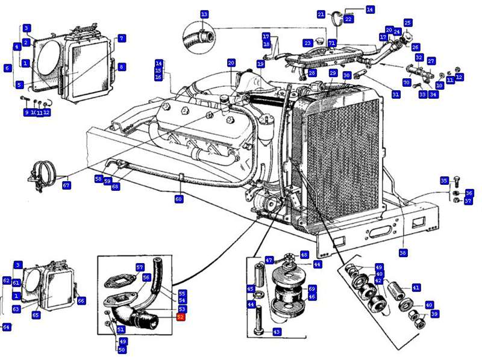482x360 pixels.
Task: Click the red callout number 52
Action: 180,317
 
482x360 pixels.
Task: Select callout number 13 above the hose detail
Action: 204,14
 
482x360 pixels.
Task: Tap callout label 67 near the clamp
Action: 66,185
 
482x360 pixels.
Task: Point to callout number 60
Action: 178,199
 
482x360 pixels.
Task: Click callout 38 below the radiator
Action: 403,253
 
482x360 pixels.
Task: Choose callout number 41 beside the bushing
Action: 416,288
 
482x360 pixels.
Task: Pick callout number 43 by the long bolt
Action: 277,332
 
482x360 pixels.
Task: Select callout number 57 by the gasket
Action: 140,267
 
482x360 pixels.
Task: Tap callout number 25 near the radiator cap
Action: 408,23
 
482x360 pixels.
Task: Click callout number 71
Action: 332,43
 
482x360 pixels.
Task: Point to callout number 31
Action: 396,94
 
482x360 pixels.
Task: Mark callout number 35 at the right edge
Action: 444,180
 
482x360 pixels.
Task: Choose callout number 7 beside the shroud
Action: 122,39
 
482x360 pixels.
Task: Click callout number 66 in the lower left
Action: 81,300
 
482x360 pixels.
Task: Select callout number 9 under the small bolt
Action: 27,112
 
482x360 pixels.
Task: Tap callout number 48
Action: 304,255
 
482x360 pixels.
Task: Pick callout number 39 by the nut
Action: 434,314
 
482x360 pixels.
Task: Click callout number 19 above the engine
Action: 260,63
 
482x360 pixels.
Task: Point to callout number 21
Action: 321,14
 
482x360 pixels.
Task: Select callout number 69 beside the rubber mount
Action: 311,289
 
